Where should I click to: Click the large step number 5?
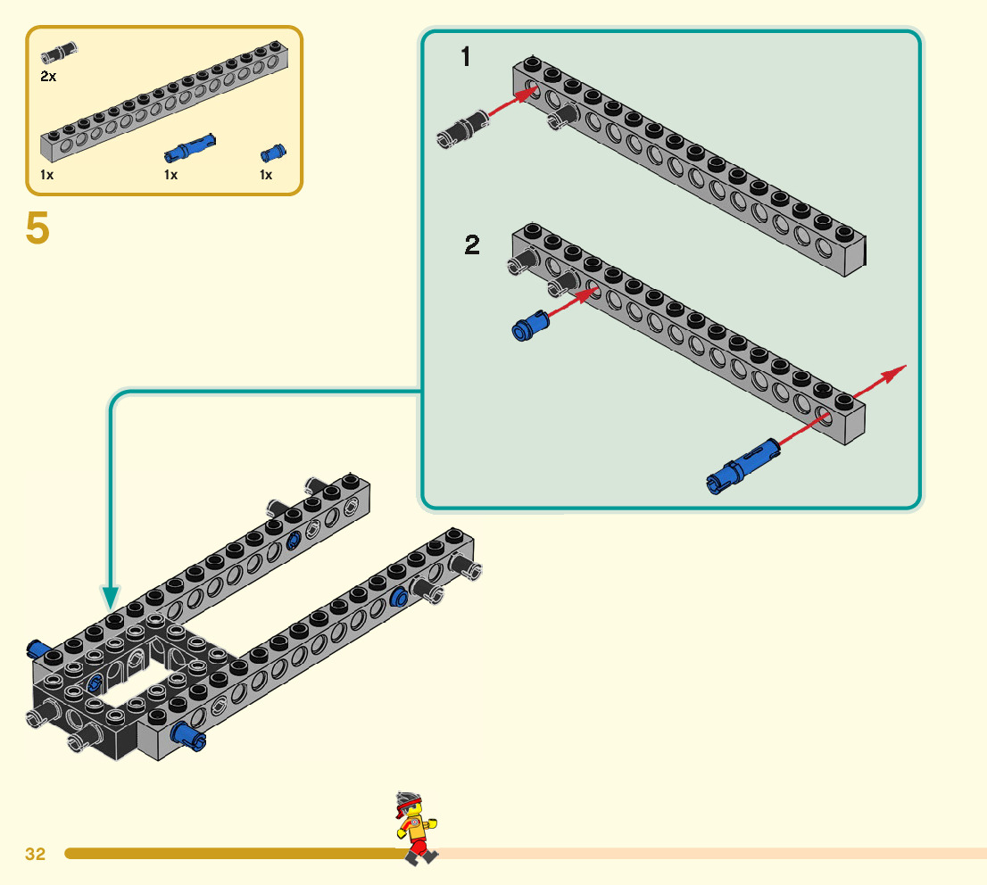click(x=37, y=229)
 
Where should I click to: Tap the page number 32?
click(x=36, y=854)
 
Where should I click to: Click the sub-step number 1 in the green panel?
click(x=465, y=58)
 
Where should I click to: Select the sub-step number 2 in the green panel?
click(x=472, y=245)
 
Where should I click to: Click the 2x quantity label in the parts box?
click(x=48, y=77)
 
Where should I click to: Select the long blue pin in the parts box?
click(x=189, y=145)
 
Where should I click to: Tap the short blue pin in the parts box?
click(x=271, y=152)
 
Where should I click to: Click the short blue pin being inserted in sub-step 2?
click(x=529, y=325)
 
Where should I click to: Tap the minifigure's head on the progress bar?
click(x=409, y=806)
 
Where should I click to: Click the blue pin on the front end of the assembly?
click(x=188, y=735)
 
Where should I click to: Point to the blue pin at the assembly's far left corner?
click(x=37, y=648)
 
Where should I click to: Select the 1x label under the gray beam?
click(x=47, y=175)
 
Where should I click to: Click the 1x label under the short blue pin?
click(x=266, y=175)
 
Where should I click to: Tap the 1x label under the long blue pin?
click(x=171, y=175)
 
